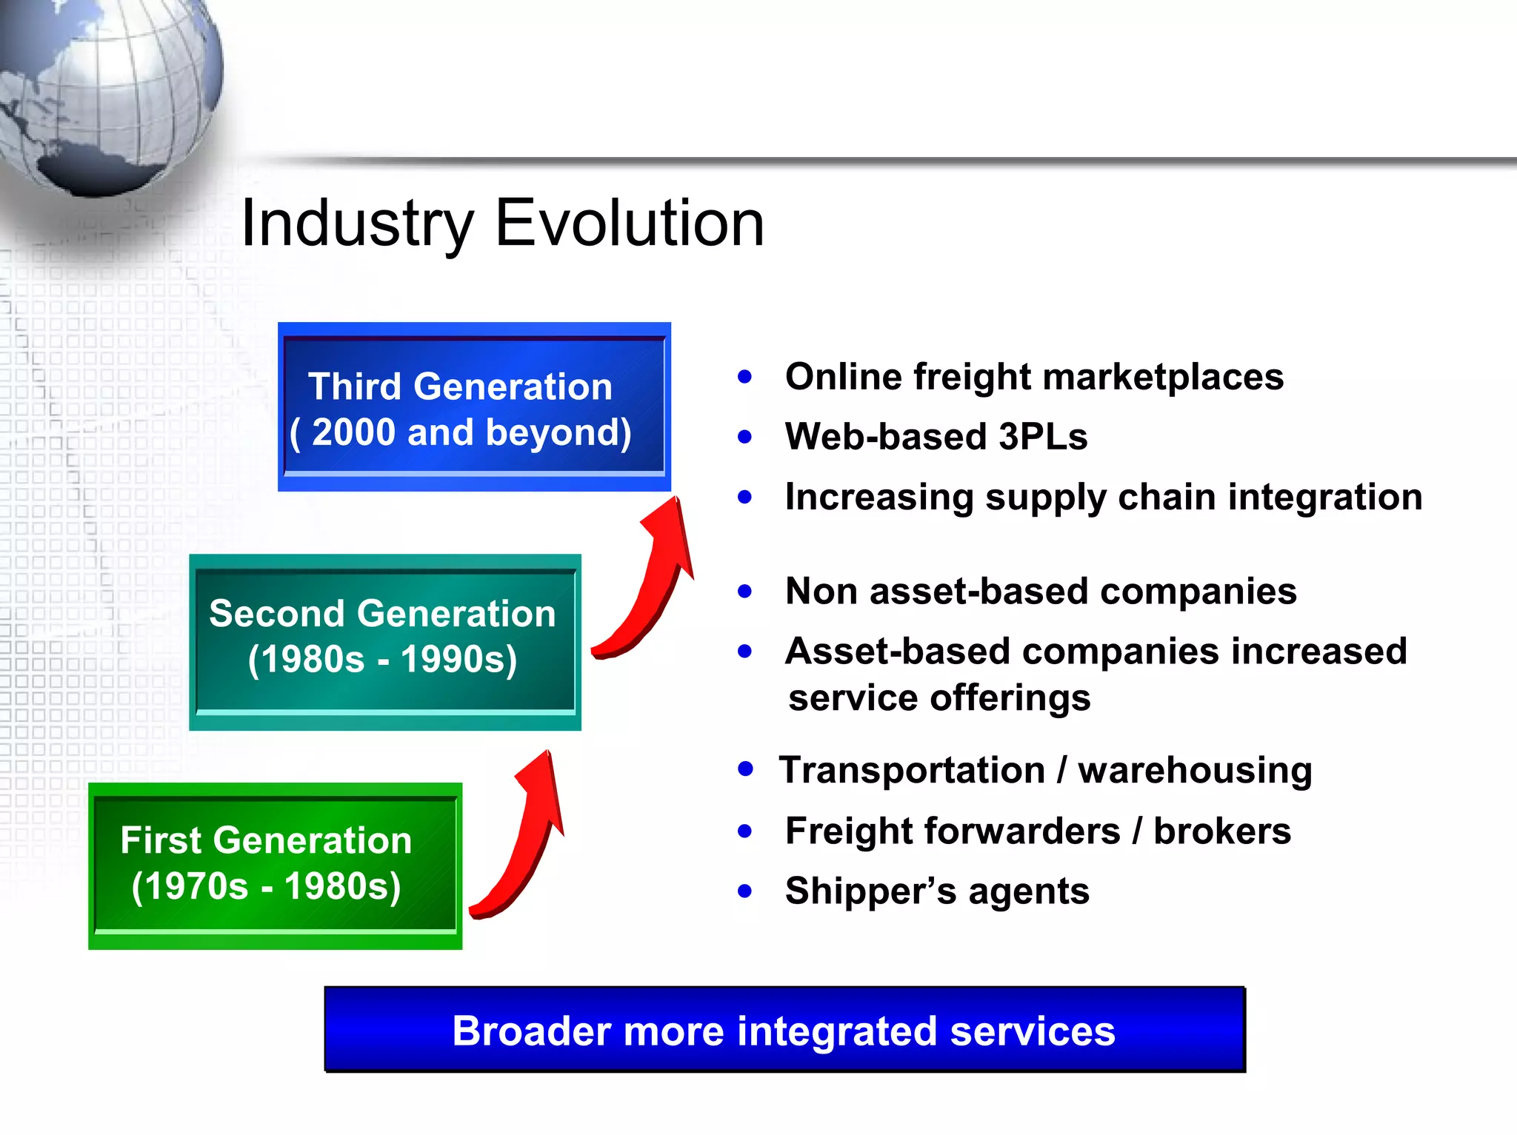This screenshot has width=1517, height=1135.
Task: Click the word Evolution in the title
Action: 629,223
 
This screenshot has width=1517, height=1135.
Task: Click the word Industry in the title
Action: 357,224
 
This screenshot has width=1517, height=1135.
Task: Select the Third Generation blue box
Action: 474,406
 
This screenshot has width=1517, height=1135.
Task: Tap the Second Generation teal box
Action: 384,641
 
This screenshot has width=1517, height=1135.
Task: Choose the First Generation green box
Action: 275,866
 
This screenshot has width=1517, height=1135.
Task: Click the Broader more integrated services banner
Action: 784,1030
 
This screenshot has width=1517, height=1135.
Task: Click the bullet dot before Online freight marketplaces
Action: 744,377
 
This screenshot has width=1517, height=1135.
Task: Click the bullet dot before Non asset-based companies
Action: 744,591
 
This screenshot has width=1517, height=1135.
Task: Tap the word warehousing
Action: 1195,771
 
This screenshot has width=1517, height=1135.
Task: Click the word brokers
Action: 1222,831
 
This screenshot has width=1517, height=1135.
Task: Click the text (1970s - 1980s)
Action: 266,886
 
